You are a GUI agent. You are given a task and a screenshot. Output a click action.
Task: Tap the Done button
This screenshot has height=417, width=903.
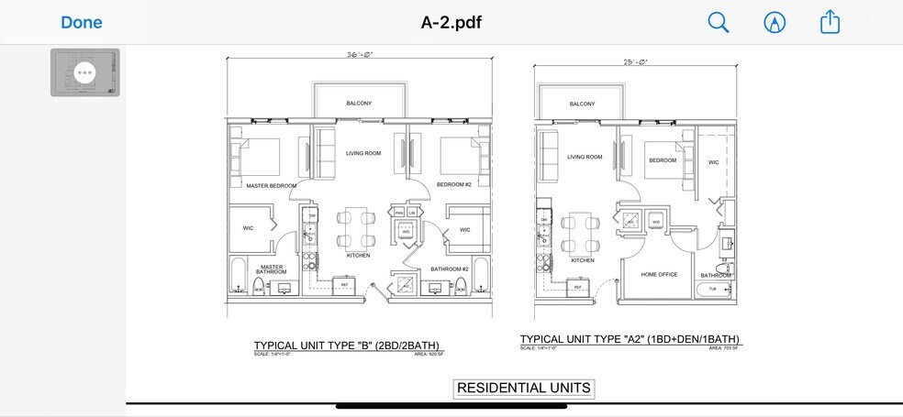(x=82, y=22)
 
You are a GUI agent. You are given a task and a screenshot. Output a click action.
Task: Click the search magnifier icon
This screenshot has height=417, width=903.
(x=719, y=22)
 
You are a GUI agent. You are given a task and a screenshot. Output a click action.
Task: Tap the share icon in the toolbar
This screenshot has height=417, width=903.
(x=830, y=22)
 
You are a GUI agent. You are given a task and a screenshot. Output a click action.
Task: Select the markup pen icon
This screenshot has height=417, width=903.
(x=775, y=22)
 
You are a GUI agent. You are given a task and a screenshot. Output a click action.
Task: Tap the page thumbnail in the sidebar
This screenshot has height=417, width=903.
(x=84, y=72)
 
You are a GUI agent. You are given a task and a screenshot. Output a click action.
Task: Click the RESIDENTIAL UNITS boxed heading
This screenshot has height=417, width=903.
(x=524, y=388)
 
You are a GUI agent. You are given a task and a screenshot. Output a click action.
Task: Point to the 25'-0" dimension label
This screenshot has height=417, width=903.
(x=635, y=62)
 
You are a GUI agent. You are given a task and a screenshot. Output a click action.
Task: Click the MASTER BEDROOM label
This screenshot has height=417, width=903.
(x=272, y=186)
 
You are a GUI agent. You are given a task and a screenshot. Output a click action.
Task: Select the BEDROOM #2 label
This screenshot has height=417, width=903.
(x=452, y=185)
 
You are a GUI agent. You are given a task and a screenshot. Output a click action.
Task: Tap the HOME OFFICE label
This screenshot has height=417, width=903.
(x=660, y=274)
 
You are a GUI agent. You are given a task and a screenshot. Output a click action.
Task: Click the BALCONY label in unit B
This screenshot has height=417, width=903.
(x=359, y=104)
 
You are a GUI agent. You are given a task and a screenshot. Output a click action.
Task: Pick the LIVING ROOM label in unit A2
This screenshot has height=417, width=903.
(x=585, y=157)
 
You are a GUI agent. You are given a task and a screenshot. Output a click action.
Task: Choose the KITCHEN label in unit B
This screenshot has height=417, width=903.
(x=358, y=256)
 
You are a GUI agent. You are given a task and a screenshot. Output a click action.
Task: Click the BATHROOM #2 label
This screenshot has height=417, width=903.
(x=450, y=269)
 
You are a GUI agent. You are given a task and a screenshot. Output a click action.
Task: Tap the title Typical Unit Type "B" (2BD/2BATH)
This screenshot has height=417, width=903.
(x=353, y=346)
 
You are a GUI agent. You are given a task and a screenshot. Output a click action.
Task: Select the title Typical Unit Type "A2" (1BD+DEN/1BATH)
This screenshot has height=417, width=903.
(x=630, y=340)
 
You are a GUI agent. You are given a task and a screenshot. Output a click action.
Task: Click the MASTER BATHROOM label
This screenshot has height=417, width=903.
(x=272, y=269)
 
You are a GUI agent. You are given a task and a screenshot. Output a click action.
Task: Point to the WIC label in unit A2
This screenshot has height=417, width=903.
(x=713, y=162)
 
